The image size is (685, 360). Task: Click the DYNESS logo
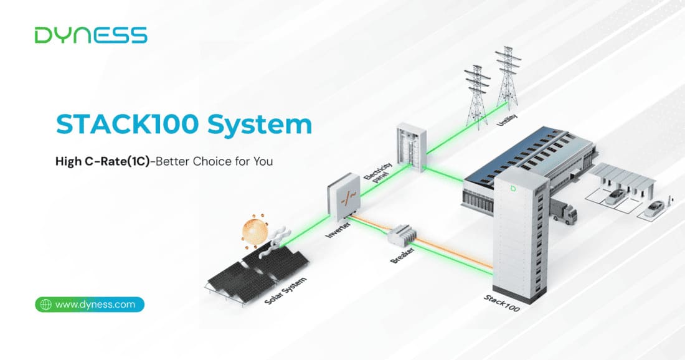pos(91,36)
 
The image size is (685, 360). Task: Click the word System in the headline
pos(260,125)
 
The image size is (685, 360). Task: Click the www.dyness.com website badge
pos(90,305)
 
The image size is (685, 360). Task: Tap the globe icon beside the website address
pos(46,305)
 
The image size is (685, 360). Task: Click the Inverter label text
pos(338,229)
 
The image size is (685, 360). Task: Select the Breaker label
pos(402,255)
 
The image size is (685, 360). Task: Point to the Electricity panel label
pos(379,173)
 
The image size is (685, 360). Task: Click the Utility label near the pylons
pos(507,120)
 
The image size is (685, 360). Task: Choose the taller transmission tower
pos(508,78)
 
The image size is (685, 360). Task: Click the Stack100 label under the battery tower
pos(501,303)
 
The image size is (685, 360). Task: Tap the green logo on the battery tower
pos(513,188)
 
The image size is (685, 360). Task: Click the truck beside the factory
pos(563,211)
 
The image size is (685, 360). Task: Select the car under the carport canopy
pos(615,197)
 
